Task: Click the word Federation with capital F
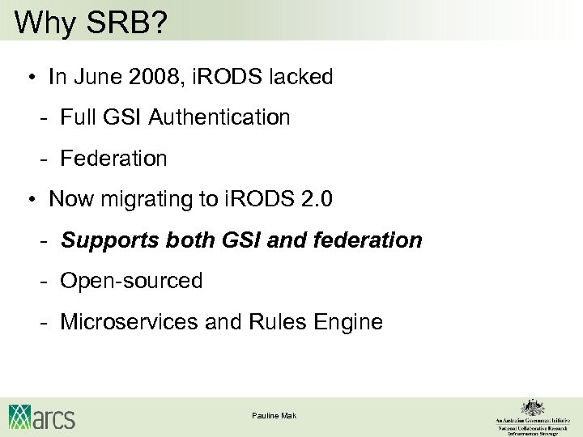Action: (x=114, y=159)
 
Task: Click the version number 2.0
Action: (x=315, y=199)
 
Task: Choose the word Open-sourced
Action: (x=132, y=281)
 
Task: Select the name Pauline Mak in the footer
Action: (x=274, y=415)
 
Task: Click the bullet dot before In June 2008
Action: (x=29, y=78)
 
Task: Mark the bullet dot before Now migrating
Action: (x=29, y=200)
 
